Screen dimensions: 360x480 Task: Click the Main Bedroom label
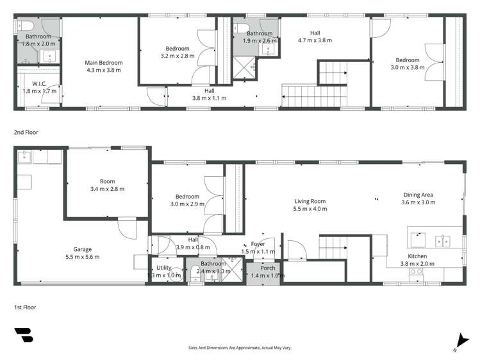tap(103, 63)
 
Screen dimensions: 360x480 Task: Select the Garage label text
tap(83, 249)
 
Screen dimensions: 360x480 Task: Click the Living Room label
tap(310, 201)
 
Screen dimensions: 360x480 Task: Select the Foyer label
tap(258, 244)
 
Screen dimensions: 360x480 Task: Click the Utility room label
tap(164, 268)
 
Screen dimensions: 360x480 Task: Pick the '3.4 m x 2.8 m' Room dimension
tap(107, 189)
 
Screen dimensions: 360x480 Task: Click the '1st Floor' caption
tap(26, 307)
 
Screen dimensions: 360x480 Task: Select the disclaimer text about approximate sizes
tap(240, 348)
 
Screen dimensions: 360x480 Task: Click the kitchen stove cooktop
tap(416, 272)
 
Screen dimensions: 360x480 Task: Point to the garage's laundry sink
tap(24, 156)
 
